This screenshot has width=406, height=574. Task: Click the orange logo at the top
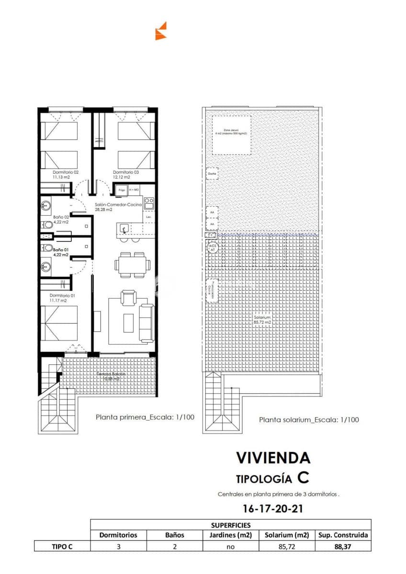161,31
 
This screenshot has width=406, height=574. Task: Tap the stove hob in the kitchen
149,203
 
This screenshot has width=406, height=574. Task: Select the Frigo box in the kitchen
118,190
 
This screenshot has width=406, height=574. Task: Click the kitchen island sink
124,229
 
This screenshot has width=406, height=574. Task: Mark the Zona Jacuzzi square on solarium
232,135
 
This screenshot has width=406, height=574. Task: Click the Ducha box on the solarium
212,174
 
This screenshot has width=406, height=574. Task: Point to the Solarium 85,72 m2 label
262,320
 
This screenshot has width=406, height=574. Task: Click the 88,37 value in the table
343,546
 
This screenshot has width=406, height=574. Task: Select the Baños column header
174,535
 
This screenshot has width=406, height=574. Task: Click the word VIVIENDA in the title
273,458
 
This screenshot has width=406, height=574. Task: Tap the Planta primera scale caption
145,417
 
